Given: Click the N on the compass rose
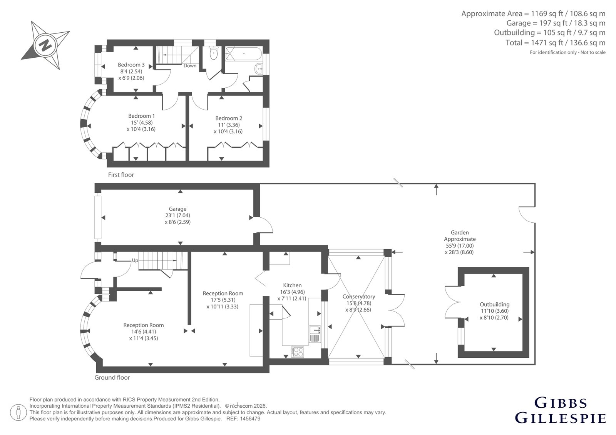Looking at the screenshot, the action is [x=45, y=45].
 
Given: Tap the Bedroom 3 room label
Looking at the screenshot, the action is [x=131, y=65].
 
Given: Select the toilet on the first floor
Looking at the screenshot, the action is [x=213, y=53].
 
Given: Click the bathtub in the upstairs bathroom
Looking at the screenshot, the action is [x=243, y=53].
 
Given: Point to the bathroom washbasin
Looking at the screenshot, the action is [x=259, y=69].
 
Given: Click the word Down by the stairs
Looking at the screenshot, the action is [x=190, y=66].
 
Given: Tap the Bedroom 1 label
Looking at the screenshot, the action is [x=141, y=116].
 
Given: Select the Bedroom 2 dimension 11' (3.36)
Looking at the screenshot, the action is [x=229, y=125].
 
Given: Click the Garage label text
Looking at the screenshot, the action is [x=177, y=209].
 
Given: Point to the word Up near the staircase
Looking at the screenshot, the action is [x=135, y=260].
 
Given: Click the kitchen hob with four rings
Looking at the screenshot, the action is [x=298, y=352].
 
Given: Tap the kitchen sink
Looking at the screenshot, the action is [x=315, y=334].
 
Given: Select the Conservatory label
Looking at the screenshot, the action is [x=358, y=297].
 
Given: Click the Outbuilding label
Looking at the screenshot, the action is [x=494, y=305].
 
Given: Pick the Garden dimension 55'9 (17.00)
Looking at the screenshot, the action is [x=460, y=246].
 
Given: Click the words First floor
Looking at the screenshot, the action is [x=121, y=175].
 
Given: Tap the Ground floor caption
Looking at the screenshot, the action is [x=112, y=378].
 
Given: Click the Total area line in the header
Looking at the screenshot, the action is [x=556, y=43].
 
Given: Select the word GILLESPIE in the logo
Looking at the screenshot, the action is [x=561, y=418].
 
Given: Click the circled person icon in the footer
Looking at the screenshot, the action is [x=18, y=412].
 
